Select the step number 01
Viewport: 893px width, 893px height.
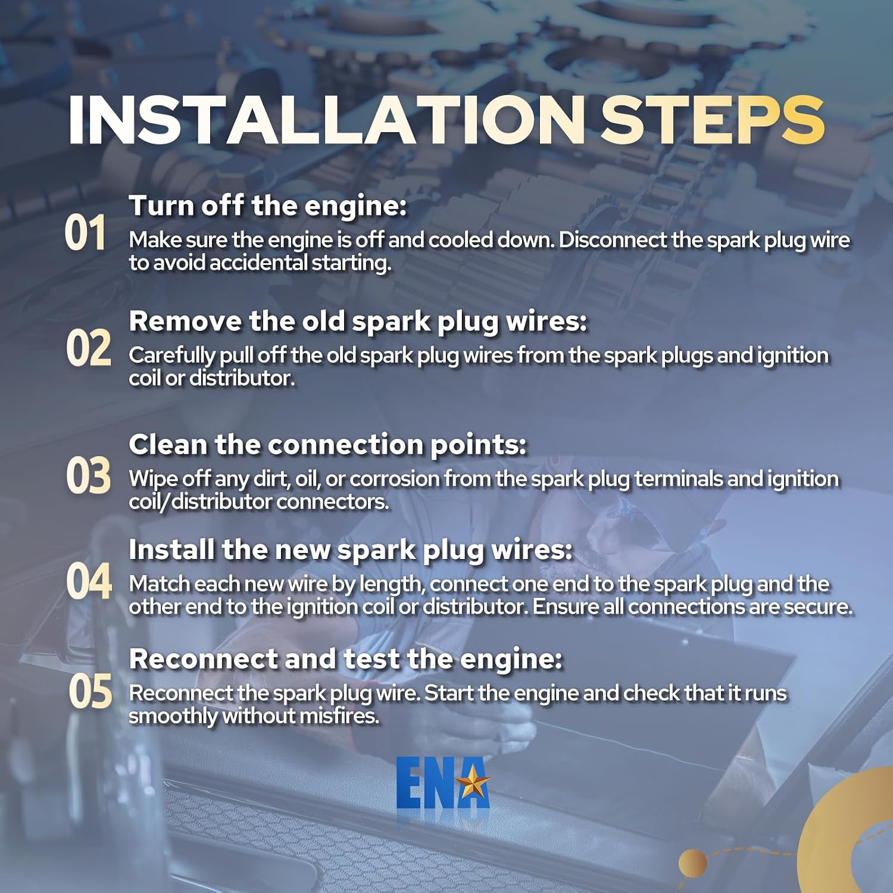85,233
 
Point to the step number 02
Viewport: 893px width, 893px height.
89,348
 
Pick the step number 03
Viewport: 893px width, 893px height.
89,476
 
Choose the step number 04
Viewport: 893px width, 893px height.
89,581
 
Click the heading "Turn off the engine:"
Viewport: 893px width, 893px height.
268,206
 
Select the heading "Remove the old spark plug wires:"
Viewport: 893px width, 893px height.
358,322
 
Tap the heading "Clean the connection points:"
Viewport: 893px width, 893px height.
327,445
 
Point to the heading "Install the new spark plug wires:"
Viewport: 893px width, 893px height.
351,550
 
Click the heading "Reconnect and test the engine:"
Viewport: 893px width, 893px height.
345,659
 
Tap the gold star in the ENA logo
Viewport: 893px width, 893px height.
472,782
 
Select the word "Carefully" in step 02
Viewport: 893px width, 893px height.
171,356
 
